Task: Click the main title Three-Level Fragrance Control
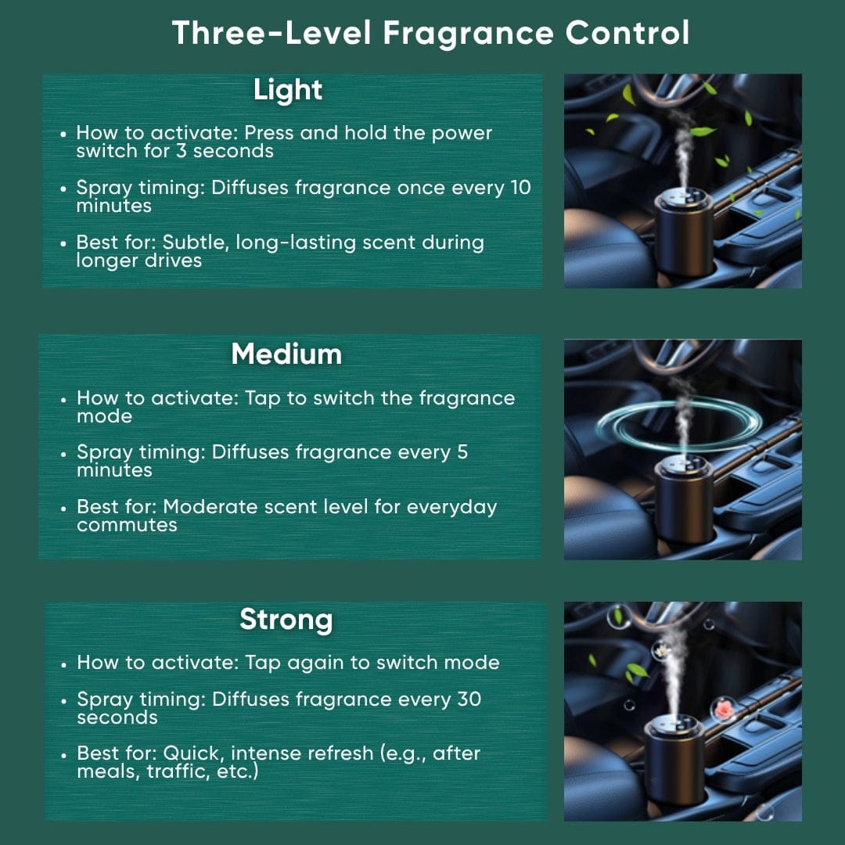pos(430,34)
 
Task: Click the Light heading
pos(287,90)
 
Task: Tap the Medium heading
pos(286,354)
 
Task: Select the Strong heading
pos(286,620)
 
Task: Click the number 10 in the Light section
pos(520,188)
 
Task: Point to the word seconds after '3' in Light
pos(233,151)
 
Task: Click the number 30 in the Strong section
pos(468,699)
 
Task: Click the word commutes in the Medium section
pos(127,525)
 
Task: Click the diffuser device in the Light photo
pos(683,230)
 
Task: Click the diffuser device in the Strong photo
pos(674,759)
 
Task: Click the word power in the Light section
pos(462,133)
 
